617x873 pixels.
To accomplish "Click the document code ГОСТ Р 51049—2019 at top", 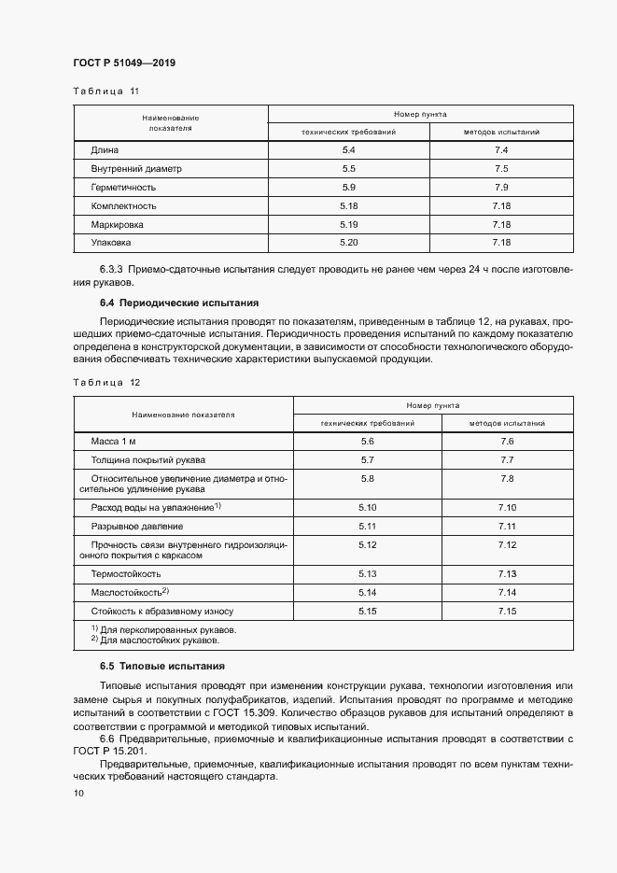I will tap(124, 63).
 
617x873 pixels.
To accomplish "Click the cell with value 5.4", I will tap(349, 150).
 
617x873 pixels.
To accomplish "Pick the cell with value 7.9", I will tap(500, 188).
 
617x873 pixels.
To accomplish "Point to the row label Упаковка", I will tap(111, 244).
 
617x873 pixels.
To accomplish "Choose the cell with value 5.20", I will tap(349, 244).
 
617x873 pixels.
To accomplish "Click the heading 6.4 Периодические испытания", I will tap(179, 303).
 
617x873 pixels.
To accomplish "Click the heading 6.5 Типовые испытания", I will tap(161, 666).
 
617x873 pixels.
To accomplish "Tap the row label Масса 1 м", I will tap(114, 441).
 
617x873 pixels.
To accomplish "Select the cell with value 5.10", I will tap(367, 507).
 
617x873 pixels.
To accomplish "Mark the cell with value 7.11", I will tap(507, 527).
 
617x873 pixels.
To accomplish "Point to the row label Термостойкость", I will tap(126, 573).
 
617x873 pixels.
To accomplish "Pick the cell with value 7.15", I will tap(507, 612).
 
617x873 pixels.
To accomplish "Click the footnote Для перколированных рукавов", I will tap(168, 630).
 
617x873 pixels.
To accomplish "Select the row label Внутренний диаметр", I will tap(136, 169).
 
